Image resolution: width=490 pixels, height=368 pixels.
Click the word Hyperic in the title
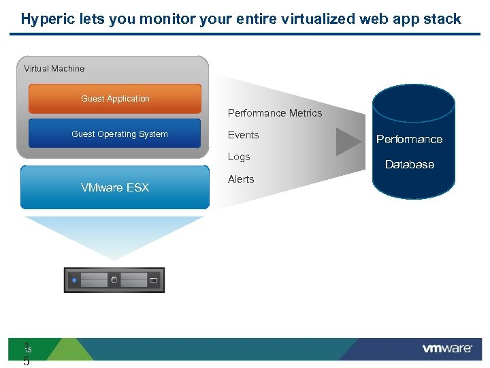coord(46,19)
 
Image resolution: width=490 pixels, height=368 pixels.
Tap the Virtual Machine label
coord(54,68)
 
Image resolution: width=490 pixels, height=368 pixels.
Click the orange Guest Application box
coord(115,99)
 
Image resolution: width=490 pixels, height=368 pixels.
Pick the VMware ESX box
coord(115,187)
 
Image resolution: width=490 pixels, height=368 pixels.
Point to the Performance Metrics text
coord(275,113)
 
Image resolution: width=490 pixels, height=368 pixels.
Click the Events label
coord(243,135)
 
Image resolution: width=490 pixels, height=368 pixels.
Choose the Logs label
coord(239,157)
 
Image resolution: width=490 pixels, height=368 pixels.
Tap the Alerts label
coord(241,179)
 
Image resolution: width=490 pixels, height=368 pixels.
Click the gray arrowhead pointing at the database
coord(349,141)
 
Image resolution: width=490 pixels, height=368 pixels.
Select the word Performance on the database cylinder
coord(409,140)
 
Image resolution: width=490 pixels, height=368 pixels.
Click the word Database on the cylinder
coord(409,165)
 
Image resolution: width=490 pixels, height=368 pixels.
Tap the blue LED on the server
coord(73,280)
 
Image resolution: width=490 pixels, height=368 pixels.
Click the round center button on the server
coord(114,280)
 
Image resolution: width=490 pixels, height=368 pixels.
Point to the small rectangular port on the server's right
coord(154,280)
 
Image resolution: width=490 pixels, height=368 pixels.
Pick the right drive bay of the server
coord(134,280)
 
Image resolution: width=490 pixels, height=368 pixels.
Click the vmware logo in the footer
coord(447,348)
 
